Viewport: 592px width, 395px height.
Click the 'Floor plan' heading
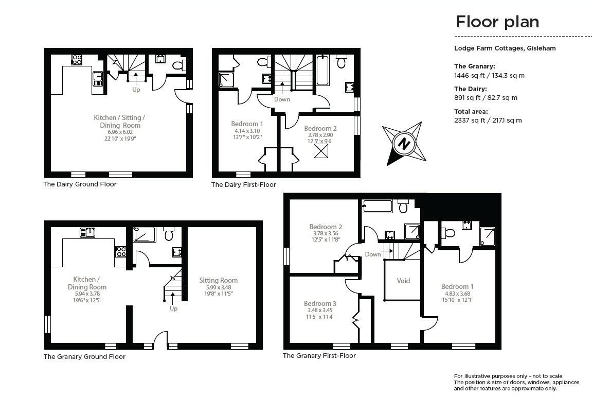click(x=497, y=22)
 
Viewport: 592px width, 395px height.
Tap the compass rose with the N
click(x=404, y=143)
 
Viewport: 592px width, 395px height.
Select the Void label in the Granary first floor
click(x=404, y=281)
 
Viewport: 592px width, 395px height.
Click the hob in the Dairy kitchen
click(x=77, y=60)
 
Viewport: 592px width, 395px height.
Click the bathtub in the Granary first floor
click(x=378, y=207)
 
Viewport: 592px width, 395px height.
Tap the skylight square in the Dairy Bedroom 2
click(x=320, y=151)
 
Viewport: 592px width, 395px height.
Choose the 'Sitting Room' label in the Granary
click(x=219, y=280)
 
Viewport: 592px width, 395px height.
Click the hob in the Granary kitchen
click(x=121, y=252)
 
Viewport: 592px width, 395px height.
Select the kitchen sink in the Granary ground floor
click(x=87, y=232)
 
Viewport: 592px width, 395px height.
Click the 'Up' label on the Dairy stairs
click(x=136, y=90)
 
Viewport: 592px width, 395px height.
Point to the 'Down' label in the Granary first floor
click(x=373, y=254)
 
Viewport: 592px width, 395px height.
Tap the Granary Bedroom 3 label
click(x=320, y=303)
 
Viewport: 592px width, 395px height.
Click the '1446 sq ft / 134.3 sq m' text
click(x=489, y=75)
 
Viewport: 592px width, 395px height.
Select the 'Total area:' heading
click(x=471, y=111)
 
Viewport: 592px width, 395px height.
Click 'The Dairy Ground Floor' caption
click(x=80, y=184)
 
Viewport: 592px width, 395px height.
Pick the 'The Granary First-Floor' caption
click(x=319, y=355)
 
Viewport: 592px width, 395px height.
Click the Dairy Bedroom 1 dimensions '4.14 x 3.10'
click(x=247, y=131)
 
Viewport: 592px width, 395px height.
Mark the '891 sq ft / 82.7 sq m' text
click(x=486, y=98)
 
